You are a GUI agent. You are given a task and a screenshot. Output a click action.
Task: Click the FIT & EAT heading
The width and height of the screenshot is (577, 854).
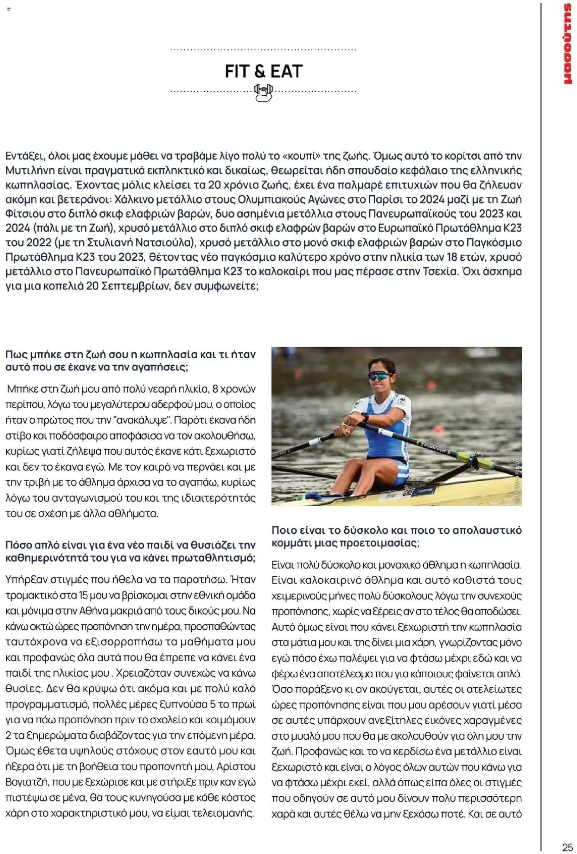[x=263, y=71]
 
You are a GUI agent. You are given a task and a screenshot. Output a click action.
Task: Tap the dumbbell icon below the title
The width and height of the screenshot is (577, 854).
[x=263, y=92]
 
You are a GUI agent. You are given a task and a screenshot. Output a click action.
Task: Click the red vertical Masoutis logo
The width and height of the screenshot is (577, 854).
[x=567, y=44]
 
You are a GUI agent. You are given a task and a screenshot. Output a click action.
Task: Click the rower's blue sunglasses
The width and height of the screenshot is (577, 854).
[x=379, y=376]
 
